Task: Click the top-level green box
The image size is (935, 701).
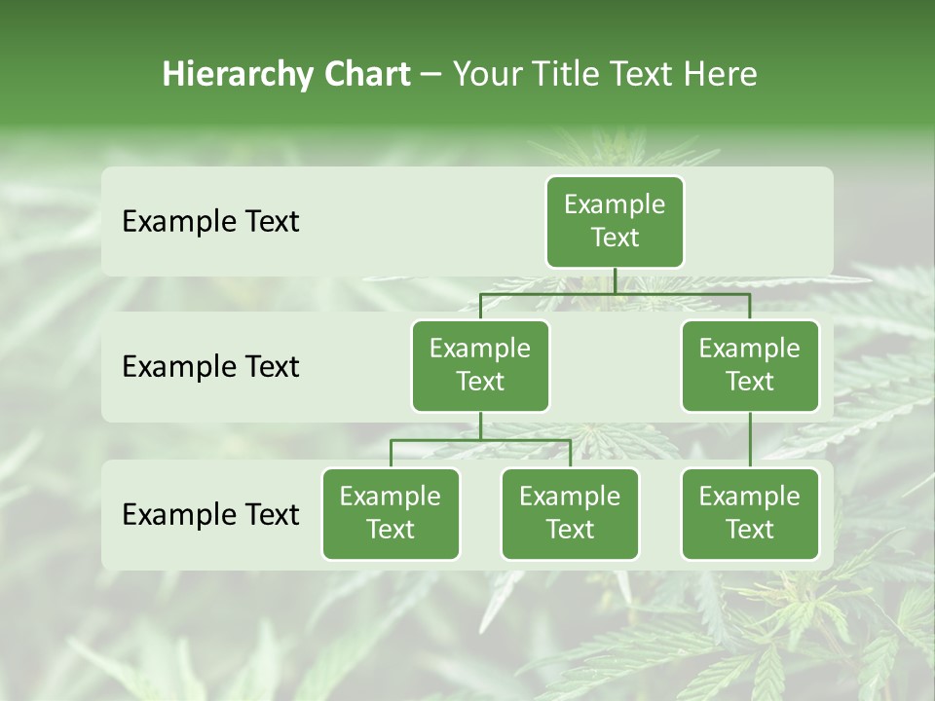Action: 615,222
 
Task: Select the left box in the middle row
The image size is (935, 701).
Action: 480,366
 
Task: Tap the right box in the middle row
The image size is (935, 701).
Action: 750,366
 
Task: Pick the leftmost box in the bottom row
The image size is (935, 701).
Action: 391,514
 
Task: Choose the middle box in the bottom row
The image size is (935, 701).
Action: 570,514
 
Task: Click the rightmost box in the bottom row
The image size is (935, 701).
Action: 750,514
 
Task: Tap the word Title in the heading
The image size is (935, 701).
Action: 566,75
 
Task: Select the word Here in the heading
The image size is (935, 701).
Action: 720,75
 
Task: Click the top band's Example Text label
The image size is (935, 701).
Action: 210,222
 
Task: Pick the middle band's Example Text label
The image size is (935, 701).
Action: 210,367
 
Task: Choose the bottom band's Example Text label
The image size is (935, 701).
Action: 210,514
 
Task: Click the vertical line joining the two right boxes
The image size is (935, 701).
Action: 750,440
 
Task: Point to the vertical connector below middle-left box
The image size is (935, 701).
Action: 480,426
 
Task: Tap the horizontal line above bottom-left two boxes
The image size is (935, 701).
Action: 438,440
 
